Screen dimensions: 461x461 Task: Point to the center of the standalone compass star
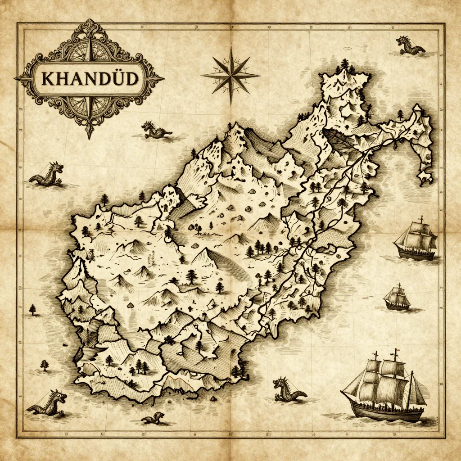click(230, 75)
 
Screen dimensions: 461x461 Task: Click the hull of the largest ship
click(383, 411)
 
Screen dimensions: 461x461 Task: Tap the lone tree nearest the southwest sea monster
click(45, 365)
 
